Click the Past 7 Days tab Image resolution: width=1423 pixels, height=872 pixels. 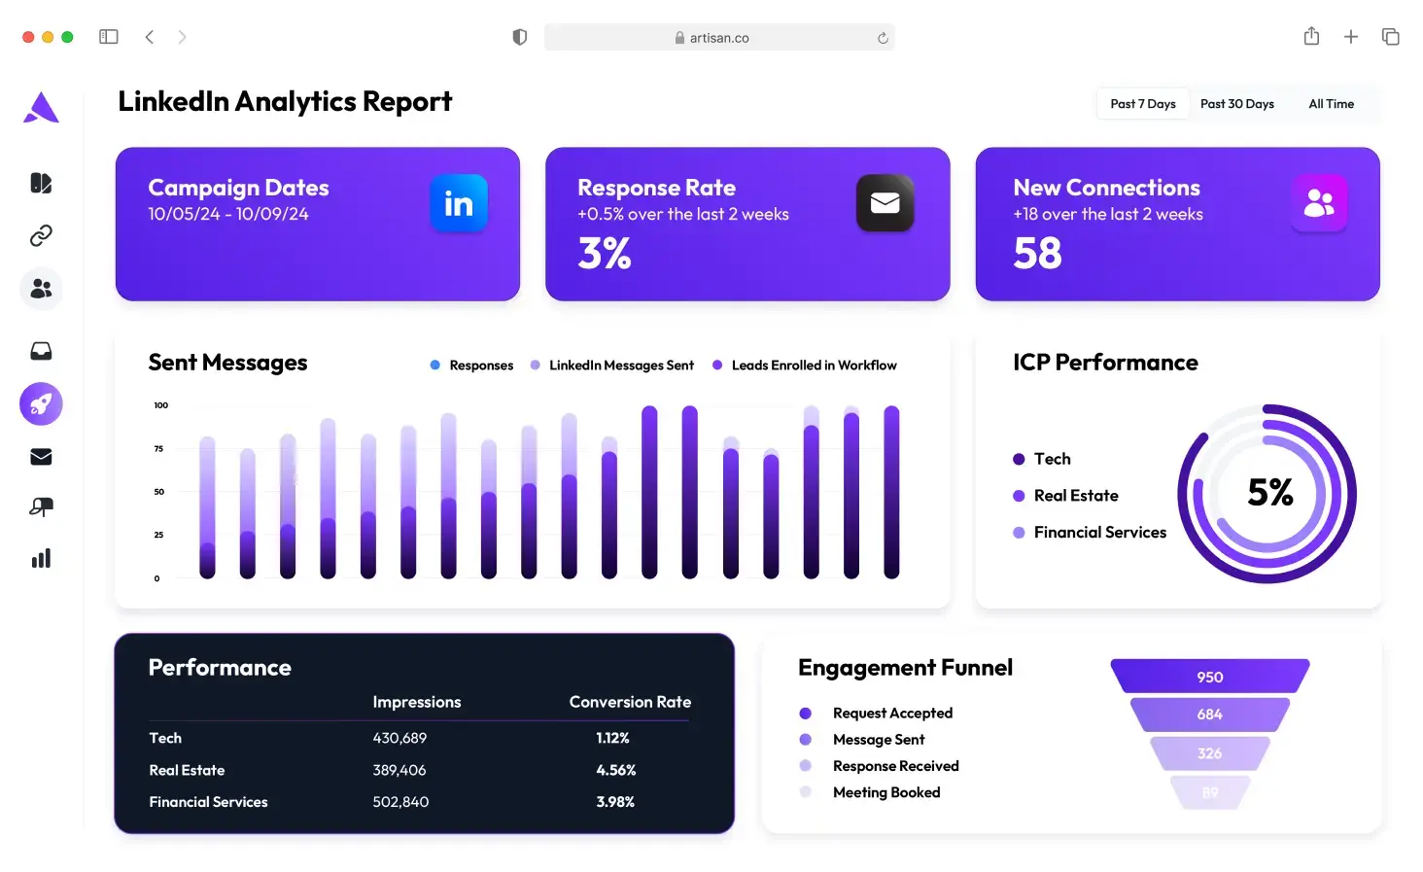1143,104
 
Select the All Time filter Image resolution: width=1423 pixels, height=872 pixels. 1331,104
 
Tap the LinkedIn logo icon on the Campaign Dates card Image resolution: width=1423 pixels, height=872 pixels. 459,203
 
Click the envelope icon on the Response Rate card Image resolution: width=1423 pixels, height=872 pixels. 885,203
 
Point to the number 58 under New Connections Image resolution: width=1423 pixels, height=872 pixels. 1037,254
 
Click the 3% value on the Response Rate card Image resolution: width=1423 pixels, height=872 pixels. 604,254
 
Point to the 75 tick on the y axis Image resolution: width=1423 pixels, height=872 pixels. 158,449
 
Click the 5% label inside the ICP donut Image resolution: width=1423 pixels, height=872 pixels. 1269,493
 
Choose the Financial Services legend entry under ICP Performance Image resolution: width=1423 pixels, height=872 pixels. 1098,533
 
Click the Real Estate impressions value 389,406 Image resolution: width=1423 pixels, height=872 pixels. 399,770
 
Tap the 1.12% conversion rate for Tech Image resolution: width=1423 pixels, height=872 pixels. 612,738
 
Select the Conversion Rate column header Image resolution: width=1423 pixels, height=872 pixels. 630,702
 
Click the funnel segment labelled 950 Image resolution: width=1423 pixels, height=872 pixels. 1209,677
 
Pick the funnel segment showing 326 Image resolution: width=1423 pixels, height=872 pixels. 1209,753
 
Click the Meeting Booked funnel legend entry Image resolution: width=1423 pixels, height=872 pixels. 885,792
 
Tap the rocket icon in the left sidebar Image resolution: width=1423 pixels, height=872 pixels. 41,403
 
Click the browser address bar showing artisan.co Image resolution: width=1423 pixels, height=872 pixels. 718,38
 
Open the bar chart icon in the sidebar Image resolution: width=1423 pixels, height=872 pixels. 41,558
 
